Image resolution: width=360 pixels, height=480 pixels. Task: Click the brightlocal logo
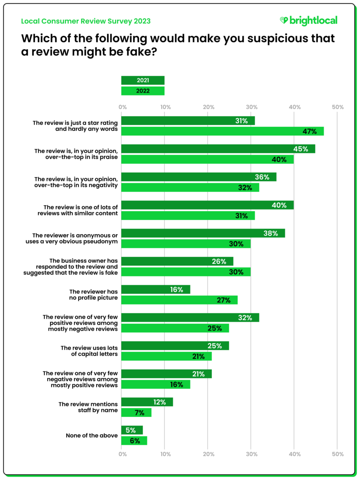pyautogui.click(x=308, y=21)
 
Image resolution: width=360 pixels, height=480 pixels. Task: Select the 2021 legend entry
pyautogui.click(x=143, y=80)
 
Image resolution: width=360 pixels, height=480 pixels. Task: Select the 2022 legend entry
pyautogui.click(x=143, y=90)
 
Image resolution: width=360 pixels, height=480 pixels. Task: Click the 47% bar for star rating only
pyautogui.click(x=222, y=132)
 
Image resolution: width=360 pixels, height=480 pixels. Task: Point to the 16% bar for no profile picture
pyautogui.click(x=156, y=289)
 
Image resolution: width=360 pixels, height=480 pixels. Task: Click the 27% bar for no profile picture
pyautogui.click(x=179, y=300)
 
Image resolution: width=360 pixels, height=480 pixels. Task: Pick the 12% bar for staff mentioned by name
pyautogui.click(x=147, y=402)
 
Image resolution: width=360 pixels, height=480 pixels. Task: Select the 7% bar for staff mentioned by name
pyautogui.click(x=136, y=413)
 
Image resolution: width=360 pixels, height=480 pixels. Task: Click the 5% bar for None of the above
pyautogui.click(x=132, y=430)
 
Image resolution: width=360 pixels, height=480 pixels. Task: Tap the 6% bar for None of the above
pyautogui.click(x=134, y=441)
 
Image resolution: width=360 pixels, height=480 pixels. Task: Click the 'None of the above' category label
pyautogui.click(x=92, y=436)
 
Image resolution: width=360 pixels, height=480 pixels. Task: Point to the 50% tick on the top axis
pyautogui.click(x=337, y=107)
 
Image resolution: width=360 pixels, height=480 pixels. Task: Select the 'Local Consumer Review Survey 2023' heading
pyautogui.click(x=85, y=21)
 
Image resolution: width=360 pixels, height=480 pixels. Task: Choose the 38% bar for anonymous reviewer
pyautogui.click(x=203, y=233)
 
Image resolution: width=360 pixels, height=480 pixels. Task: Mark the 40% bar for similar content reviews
pyautogui.click(x=207, y=205)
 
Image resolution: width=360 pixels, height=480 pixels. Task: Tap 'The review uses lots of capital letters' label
pyautogui.click(x=89, y=351)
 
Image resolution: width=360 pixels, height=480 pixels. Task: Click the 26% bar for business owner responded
pyautogui.click(x=177, y=261)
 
